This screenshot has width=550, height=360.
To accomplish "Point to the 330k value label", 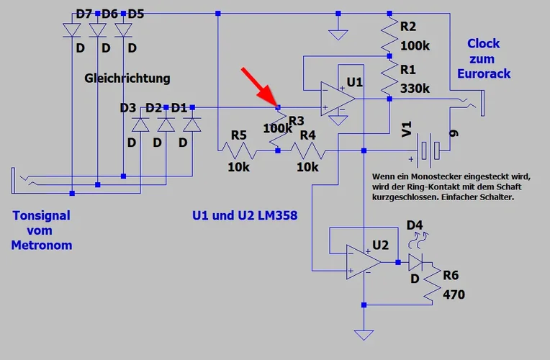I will coord(415,89).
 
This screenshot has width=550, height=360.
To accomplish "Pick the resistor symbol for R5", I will coord(238,150).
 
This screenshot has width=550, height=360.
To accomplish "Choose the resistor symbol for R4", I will coord(307,150).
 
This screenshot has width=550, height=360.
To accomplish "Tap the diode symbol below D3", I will coord(140,124).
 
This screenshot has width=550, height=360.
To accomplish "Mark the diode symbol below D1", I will coord(191,124).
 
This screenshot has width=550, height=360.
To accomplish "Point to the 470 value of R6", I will coord(454,294).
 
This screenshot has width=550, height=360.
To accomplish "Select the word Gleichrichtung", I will coord(127,77).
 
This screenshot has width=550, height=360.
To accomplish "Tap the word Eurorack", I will coord(483,73).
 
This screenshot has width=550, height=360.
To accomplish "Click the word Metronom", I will coord(42,245).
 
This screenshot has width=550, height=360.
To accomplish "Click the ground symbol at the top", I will coord(337,32).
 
